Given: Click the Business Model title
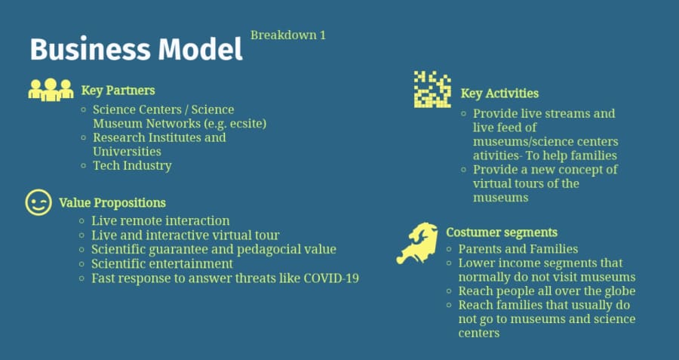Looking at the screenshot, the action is (x=136, y=49).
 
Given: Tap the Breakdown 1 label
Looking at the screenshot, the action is (x=288, y=35).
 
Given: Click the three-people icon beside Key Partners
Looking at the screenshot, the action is (x=51, y=90).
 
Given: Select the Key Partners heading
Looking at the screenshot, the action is (x=118, y=91).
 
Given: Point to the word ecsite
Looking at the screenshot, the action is (x=247, y=124).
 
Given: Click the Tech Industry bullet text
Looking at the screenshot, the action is (x=132, y=165).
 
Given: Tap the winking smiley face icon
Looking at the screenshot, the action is (x=38, y=202).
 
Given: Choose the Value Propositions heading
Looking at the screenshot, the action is (x=112, y=203).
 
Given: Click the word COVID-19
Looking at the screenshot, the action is (x=331, y=278).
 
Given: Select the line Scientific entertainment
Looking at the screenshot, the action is (x=162, y=264).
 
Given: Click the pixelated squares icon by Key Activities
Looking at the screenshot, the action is (x=432, y=89).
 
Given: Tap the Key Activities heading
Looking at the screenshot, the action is (x=499, y=94).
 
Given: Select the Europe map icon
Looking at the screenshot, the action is (x=417, y=244).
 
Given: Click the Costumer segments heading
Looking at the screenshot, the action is (x=502, y=232).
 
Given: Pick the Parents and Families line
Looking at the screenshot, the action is (x=518, y=249).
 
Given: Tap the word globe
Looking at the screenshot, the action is (x=620, y=291).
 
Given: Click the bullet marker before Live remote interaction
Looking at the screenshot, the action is (x=81, y=221).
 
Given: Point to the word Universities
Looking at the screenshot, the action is (x=127, y=152).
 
